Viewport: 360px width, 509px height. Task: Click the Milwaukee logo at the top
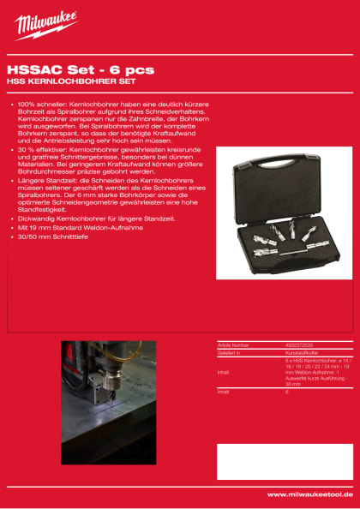[x=45, y=25]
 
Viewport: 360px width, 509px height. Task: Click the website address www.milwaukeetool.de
[x=308, y=495]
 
